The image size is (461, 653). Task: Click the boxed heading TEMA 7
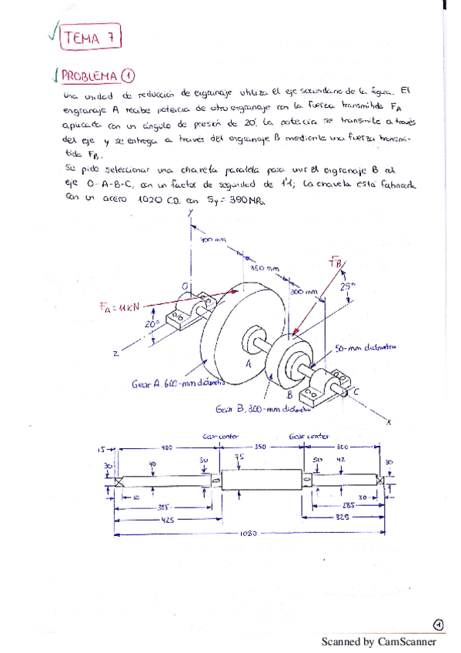click(x=91, y=36)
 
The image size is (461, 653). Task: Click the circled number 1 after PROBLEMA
click(x=128, y=75)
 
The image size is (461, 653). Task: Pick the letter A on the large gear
click(x=248, y=363)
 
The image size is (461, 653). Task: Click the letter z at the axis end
click(x=115, y=353)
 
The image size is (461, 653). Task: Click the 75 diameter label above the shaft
click(x=240, y=458)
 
